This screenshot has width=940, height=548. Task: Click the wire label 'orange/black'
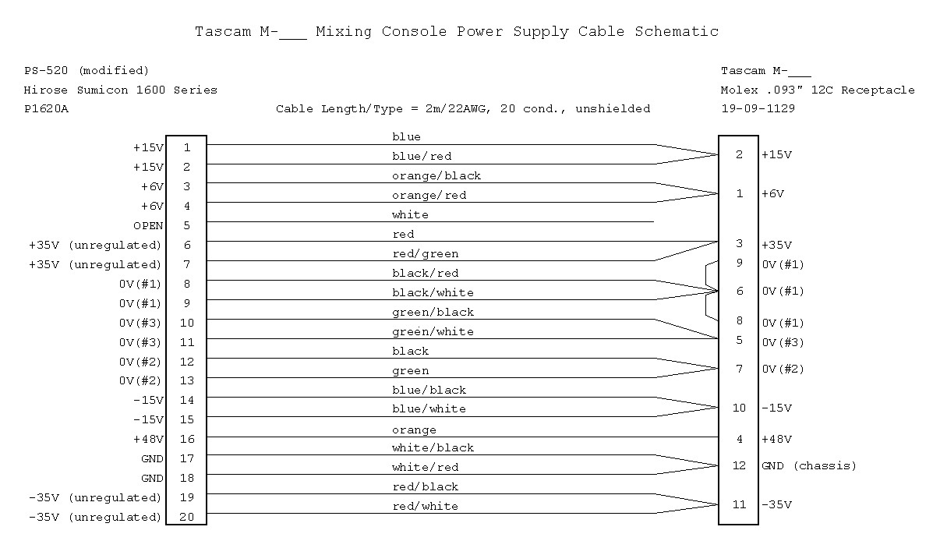click(436, 176)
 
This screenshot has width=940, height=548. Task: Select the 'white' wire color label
click(410, 215)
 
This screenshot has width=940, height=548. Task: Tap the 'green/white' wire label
click(433, 331)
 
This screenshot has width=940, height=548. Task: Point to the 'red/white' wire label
click(425, 506)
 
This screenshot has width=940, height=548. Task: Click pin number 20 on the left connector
click(187, 517)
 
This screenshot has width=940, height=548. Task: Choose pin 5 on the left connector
click(187, 226)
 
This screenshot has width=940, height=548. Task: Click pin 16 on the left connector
click(187, 439)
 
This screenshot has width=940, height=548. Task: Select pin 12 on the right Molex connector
click(739, 465)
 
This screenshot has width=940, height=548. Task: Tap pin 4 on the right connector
click(740, 439)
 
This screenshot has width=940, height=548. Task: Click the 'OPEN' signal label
click(148, 226)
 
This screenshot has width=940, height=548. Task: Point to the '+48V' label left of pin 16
click(148, 439)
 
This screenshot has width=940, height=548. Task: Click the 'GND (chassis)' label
click(809, 465)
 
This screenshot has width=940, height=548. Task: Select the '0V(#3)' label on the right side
click(783, 342)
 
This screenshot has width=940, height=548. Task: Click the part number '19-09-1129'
click(758, 108)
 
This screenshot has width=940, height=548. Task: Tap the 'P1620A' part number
click(46, 109)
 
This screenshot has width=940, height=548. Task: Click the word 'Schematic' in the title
click(677, 31)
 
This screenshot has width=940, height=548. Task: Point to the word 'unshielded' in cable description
click(613, 109)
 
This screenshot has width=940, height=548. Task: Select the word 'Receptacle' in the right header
click(878, 90)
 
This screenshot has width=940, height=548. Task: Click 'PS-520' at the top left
click(46, 70)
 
